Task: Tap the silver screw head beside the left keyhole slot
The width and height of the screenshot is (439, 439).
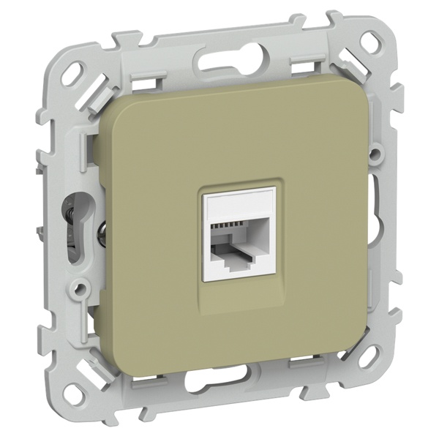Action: point(102,234)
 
